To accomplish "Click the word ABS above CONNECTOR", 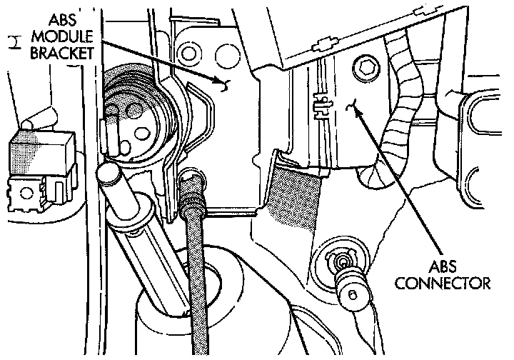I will tap(453, 268).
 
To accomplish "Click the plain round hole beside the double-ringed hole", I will tap(225, 51).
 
